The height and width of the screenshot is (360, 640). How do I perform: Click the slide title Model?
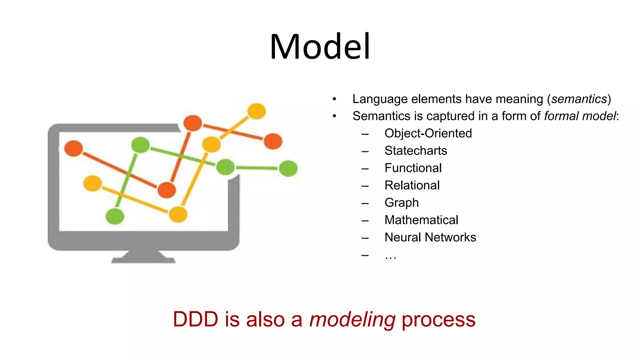coord(320,47)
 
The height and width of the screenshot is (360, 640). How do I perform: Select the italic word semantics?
coord(579,99)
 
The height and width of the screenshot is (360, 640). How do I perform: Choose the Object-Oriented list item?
coord(428,133)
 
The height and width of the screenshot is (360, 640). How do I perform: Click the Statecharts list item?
coord(416,151)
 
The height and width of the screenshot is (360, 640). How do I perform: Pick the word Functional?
coord(413,168)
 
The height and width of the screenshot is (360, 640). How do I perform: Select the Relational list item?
coord(412,185)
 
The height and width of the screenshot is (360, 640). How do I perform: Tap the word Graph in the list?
coord(402,203)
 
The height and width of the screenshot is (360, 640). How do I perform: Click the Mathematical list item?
coord(421,220)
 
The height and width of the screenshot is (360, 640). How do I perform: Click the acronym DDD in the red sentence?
coord(195,320)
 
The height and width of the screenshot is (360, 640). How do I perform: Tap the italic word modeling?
coord(352,320)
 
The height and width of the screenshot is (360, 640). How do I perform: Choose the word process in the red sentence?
coord(438,320)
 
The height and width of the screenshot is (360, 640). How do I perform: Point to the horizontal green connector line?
coord(257,168)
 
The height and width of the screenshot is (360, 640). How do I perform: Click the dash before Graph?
coord(365,203)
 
